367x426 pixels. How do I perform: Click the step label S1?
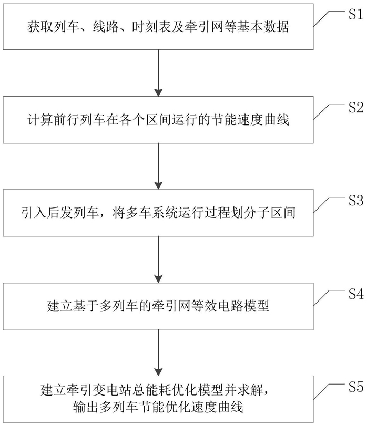tap(356, 14)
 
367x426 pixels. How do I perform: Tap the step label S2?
tap(356, 108)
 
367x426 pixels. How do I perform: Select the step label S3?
tap(356, 201)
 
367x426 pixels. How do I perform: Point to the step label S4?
tap(356, 294)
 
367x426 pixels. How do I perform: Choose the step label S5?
tap(356, 387)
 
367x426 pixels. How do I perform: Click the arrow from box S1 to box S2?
tap(158, 73)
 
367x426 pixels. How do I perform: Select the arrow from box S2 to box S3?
tap(158, 166)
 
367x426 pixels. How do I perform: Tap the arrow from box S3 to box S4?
tap(158, 259)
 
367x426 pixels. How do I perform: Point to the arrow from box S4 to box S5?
tap(158, 352)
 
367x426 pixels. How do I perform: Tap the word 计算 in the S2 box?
tap(40, 120)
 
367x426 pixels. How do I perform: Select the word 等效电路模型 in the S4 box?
tap(230, 306)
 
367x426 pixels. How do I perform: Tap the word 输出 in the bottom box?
tap(86, 407)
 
